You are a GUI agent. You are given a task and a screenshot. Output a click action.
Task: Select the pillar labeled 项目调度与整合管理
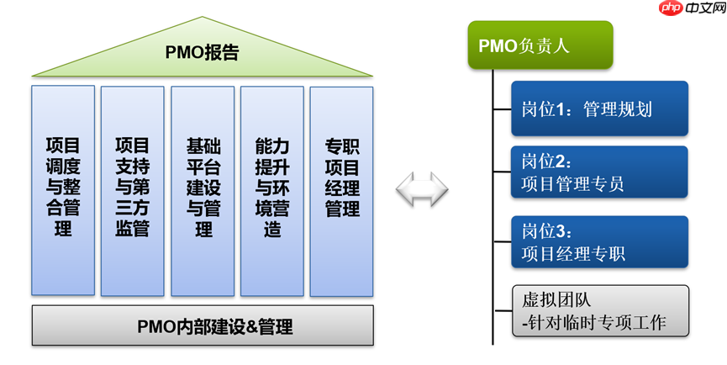[63, 190]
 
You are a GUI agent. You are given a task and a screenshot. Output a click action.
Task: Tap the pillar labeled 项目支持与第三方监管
[132, 190]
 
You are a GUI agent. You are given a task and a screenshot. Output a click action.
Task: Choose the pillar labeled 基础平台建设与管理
[203, 190]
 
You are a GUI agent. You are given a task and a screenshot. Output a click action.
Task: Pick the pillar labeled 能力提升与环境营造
[271, 190]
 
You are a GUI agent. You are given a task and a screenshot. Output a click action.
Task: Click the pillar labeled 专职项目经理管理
[341, 190]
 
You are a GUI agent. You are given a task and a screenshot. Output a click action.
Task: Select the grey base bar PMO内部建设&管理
[203, 325]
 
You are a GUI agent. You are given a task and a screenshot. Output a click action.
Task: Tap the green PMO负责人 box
[540, 45]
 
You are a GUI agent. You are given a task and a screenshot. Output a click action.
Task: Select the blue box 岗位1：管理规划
[599, 109]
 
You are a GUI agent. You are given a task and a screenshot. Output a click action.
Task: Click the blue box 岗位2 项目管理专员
[599, 172]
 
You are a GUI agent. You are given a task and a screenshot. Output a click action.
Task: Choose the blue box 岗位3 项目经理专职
[599, 242]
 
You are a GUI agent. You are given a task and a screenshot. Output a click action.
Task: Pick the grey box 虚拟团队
[599, 310]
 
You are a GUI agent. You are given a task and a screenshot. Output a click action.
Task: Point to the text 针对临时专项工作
[599, 322]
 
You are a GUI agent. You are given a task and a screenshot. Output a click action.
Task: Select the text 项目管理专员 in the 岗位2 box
[572, 184]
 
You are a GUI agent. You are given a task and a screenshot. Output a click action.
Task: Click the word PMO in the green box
[498, 45]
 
